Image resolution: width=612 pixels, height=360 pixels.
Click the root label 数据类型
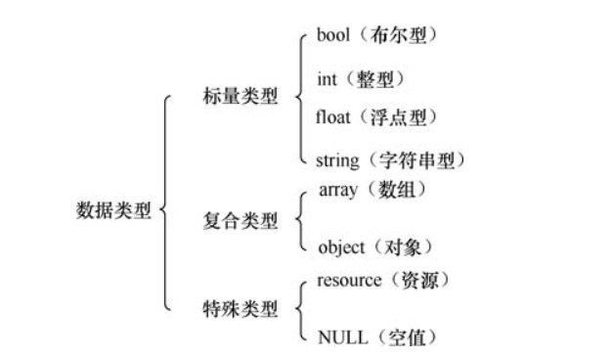click(x=114, y=210)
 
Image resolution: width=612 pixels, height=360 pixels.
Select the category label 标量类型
click(x=240, y=98)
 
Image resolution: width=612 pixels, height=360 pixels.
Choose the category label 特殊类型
click(x=240, y=309)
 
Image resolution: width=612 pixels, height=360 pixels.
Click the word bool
click(x=334, y=36)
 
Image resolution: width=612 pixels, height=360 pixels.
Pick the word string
click(x=337, y=158)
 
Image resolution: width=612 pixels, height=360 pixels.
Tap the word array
click(x=338, y=190)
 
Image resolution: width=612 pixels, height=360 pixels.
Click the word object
click(x=341, y=247)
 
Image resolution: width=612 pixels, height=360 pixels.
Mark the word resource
click(x=349, y=281)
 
